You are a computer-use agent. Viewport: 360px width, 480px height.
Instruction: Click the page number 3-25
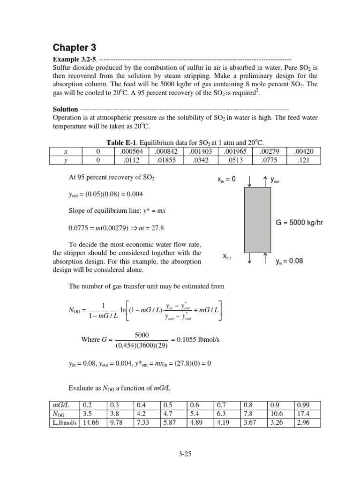pyautogui.click(x=180, y=454)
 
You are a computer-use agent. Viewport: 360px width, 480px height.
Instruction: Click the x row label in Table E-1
pyautogui.click(x=65, y=151)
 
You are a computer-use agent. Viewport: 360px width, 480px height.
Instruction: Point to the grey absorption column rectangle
pyautogui.click(x=257, y=220)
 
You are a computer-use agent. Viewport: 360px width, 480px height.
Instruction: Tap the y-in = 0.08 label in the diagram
pyautogui.click(x=289, y=261)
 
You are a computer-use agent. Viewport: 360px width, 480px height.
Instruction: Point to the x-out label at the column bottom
pyautogui.click(x=227, y=256)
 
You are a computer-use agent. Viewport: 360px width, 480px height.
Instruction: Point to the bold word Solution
pyautogui.click(x=65, y=109)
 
